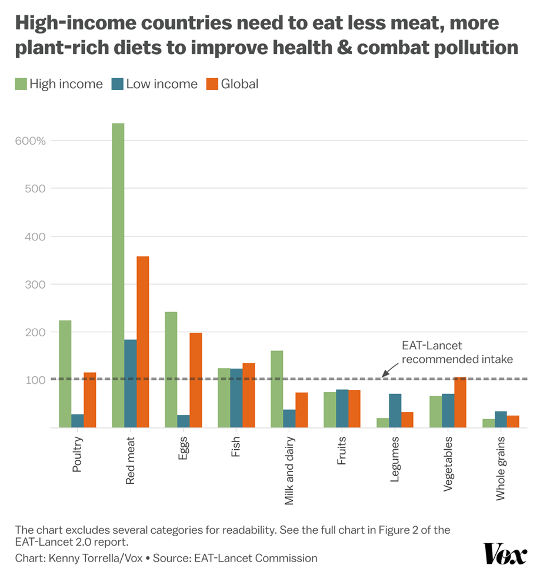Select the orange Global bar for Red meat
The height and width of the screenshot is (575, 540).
[x=142, y=342]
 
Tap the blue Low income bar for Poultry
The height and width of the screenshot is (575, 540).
[x=77, y=421]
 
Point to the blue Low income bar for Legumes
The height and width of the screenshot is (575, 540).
[x=395, y=410]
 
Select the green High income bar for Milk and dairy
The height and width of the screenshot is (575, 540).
[x=276, y=389]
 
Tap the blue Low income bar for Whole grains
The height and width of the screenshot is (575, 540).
[x=501, y=419]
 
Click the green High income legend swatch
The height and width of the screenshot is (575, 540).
[x=21, y=84]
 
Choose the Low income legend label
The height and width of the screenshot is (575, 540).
[x=162, y=84]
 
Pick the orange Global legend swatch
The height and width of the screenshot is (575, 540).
[x=212, y=84]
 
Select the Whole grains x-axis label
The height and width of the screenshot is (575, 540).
[x=501, y=468]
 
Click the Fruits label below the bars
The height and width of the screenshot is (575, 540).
[x=342, y=451]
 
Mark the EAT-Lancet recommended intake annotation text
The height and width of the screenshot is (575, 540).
[x=457, y=352]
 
